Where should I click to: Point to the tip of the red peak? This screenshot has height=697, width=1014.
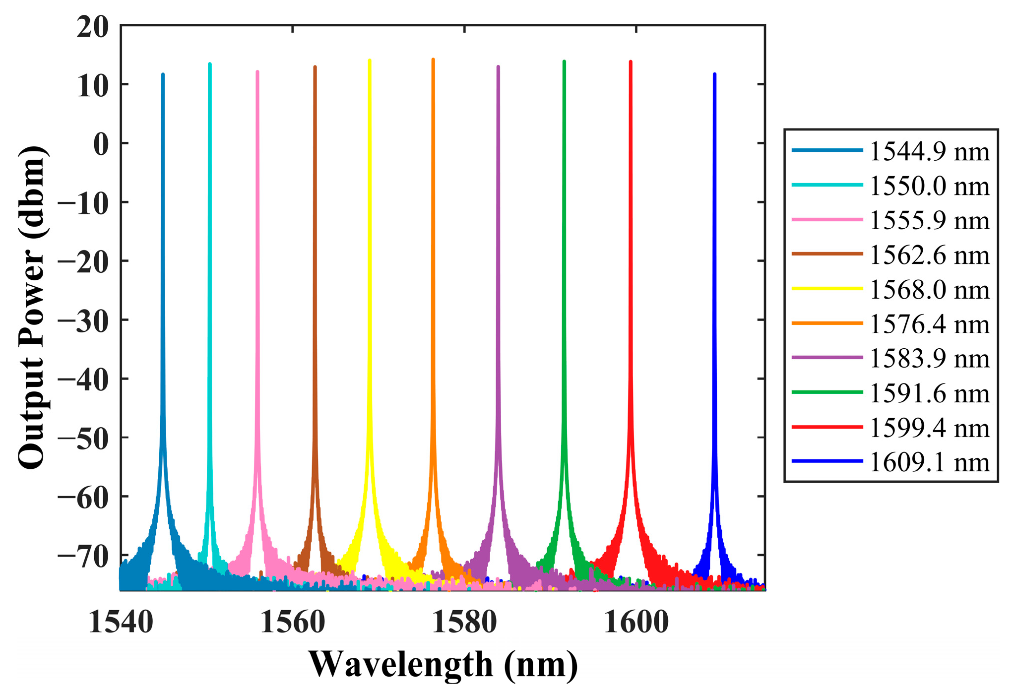click(631, 62)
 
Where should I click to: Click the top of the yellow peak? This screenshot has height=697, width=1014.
click(370, 61)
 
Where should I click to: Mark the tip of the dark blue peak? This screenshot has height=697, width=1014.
click(714, 74)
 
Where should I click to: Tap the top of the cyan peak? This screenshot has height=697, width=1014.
click(210, 64)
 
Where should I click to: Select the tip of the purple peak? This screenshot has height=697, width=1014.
click(498, 67)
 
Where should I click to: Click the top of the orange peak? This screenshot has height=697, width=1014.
click(433, 60)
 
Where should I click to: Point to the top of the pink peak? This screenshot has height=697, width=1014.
click(257, 72)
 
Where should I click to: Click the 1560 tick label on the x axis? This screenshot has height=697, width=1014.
click(292, 623)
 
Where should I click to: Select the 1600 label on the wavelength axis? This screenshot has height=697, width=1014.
click(636, 623)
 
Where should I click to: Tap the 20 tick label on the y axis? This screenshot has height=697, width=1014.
click(93, 27)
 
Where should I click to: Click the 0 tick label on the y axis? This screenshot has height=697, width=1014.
click(101, 145)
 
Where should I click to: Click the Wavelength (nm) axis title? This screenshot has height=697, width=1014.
click(443, 665)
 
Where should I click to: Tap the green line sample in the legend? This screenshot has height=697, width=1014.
click(827, 392)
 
